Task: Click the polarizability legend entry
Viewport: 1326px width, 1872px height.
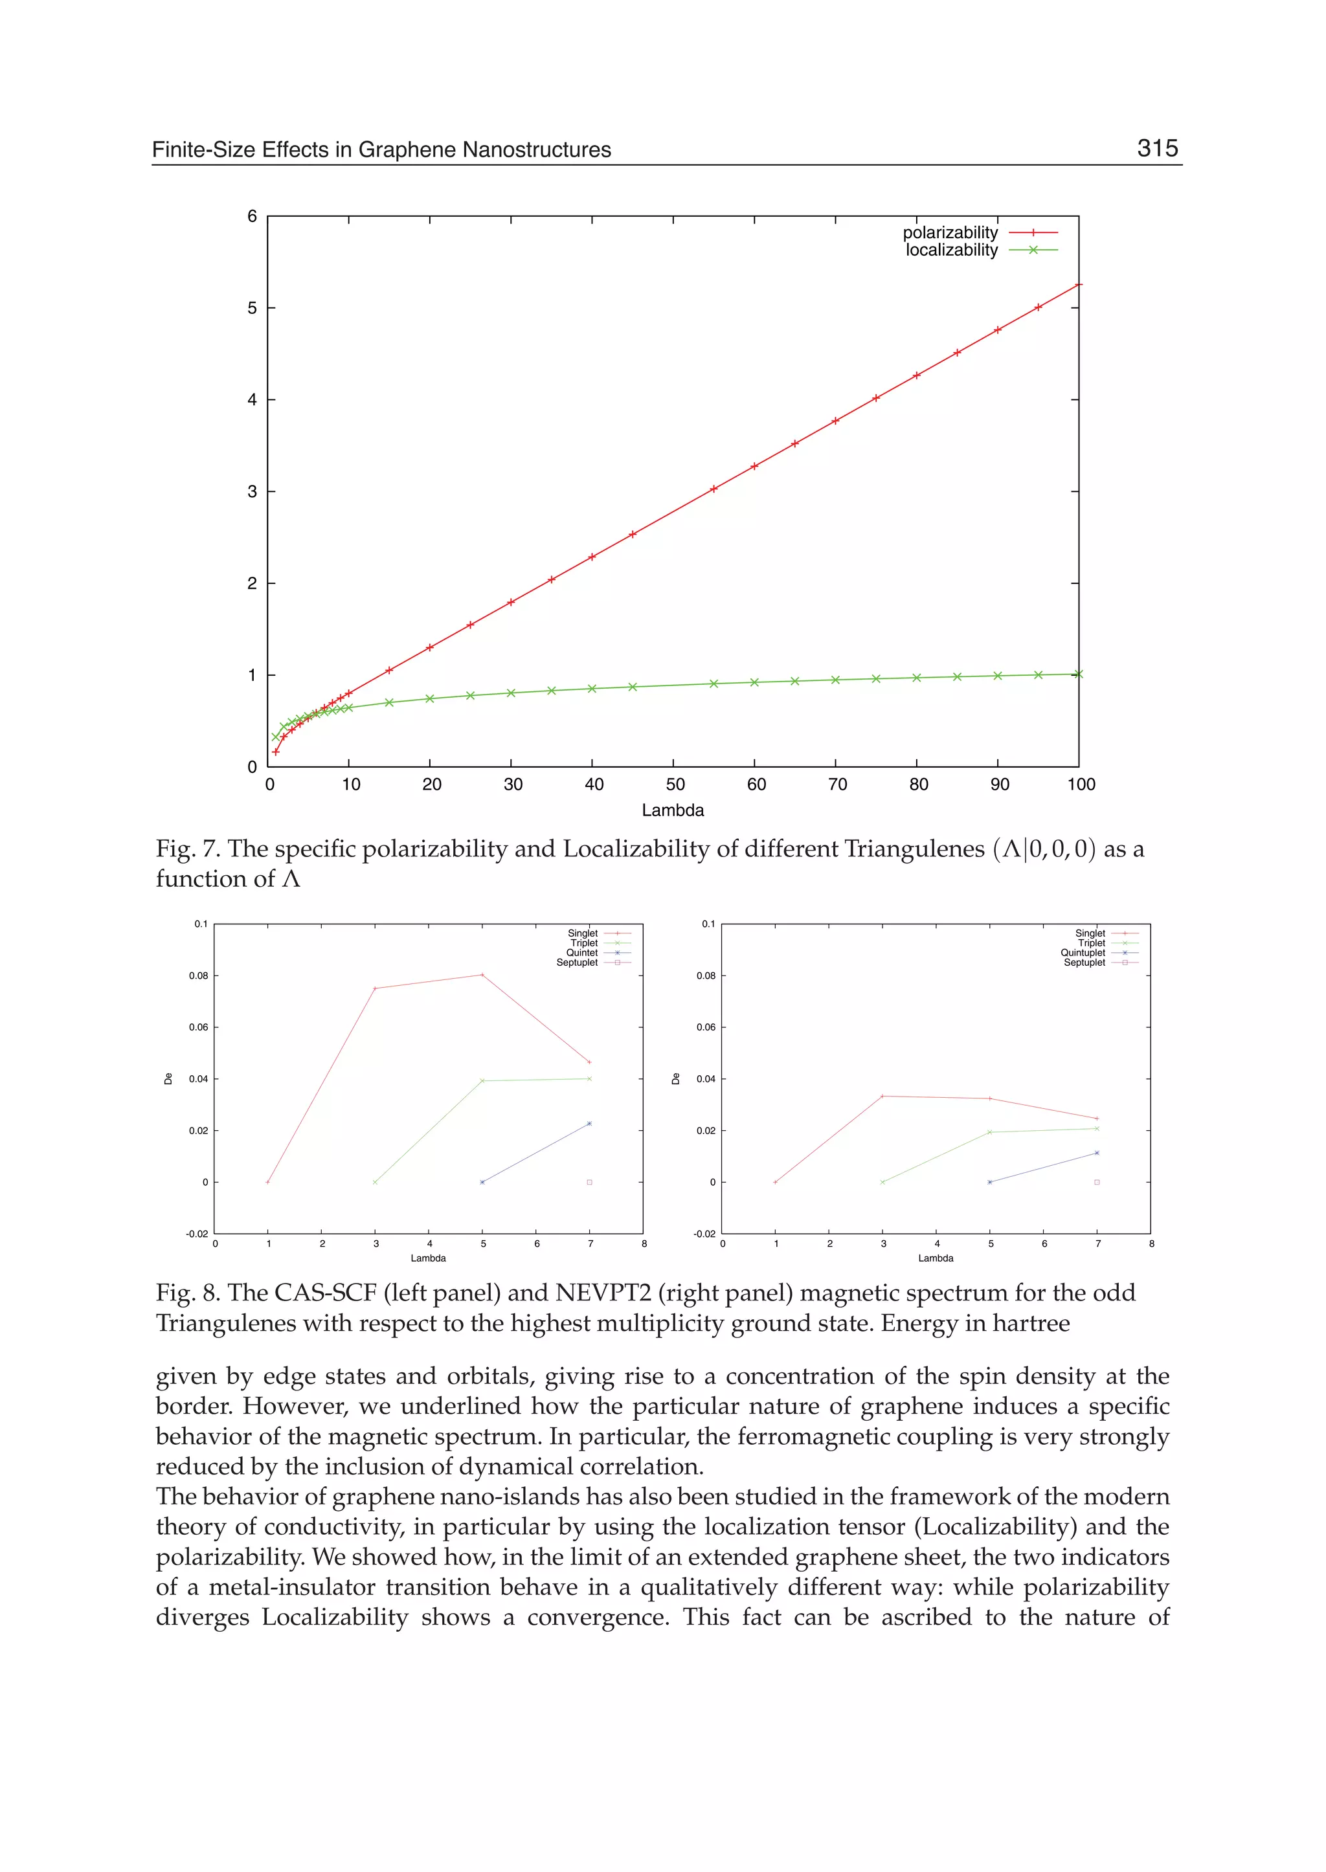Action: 950,232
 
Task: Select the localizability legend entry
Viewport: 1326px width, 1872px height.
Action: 951,250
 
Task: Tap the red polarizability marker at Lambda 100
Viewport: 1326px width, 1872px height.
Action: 1078,284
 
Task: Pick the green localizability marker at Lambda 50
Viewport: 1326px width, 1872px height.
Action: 673,685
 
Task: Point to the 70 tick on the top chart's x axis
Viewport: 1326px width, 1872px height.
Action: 837,785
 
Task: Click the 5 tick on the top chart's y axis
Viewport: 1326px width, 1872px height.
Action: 253,307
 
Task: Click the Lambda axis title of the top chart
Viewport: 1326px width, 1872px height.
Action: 672,810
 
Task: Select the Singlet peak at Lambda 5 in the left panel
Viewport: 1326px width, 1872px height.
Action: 482,974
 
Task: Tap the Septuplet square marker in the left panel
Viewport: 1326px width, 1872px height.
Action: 590,1181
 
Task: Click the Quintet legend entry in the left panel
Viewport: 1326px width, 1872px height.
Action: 582,953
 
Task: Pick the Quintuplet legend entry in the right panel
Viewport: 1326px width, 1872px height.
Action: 1083,953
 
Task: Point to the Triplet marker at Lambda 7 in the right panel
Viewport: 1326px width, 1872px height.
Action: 1097,1128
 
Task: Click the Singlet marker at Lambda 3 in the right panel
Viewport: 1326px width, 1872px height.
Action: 882,1096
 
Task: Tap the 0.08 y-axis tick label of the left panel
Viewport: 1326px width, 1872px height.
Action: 198,975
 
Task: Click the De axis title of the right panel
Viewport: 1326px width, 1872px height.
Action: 675,1078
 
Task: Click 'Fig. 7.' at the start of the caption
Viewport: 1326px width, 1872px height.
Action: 188,849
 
